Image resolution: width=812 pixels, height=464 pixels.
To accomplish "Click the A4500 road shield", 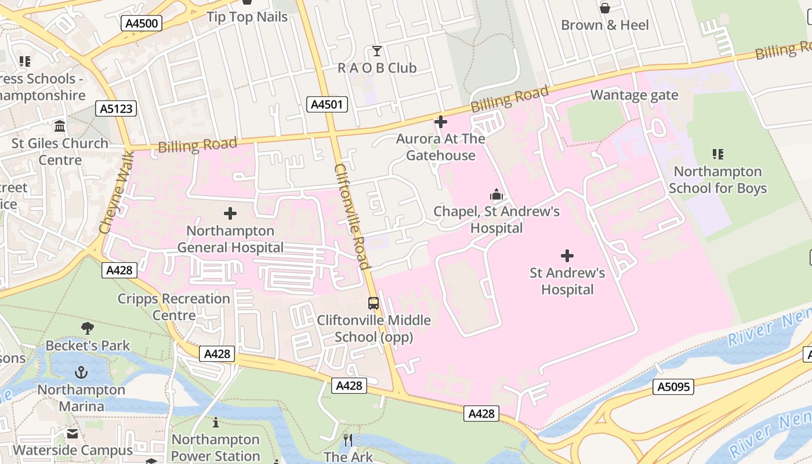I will (142, 23).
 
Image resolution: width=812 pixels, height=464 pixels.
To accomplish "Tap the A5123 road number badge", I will (116, 108).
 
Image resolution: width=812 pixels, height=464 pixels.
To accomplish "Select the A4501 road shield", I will (327, 104).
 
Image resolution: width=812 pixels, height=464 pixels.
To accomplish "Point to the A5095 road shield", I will (673, 386).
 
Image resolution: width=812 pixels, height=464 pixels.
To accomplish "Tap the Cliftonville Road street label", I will (351, 216).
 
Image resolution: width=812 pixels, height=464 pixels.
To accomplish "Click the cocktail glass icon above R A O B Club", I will (377, 51).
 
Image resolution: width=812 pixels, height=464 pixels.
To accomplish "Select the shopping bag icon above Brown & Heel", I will (604, 8).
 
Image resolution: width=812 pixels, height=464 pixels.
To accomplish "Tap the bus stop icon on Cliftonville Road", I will (374, 303).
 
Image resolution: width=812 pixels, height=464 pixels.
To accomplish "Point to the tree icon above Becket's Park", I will (88, 329).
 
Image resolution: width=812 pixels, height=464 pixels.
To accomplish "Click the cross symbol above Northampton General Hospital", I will (230, 213).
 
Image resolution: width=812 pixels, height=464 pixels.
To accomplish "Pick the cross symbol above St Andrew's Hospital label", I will (567, 256).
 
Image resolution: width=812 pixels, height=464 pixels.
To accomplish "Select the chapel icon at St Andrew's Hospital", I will (496, 194).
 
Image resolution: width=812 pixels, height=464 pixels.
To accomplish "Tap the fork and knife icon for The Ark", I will (348, 440).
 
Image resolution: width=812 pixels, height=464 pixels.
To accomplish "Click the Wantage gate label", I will (634, 95).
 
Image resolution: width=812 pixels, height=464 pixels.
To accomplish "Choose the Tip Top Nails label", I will (247, 17).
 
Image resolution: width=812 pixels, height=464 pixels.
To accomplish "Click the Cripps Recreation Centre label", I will (174, 307).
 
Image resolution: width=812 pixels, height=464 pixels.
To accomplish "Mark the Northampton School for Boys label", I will (717, 180).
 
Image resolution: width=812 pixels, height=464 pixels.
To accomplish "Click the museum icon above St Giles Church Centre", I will (60, 126).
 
